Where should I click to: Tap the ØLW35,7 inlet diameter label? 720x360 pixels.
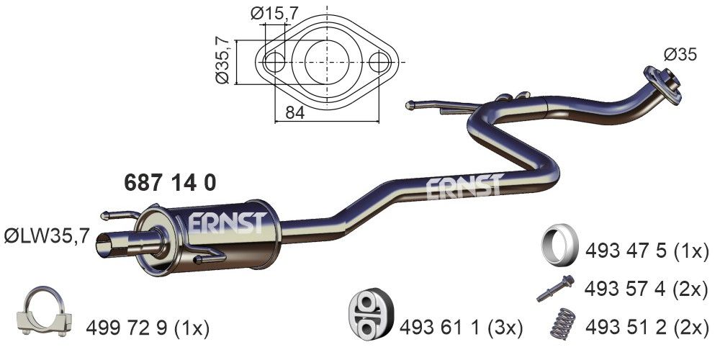tap(47, 235)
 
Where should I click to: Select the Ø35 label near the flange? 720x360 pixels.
tap(680, 55)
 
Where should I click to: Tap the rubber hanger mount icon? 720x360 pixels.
tap(369, 316)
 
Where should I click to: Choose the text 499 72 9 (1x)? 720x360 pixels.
tap(147, 329)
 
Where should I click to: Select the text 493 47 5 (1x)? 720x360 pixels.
tap(647, 251)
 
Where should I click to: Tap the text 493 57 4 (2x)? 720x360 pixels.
tap(647, 289)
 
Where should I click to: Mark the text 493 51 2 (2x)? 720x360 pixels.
tap(647, 328)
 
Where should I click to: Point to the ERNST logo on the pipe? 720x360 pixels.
tap(462, 187)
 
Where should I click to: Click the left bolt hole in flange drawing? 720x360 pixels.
tap(274, 62)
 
